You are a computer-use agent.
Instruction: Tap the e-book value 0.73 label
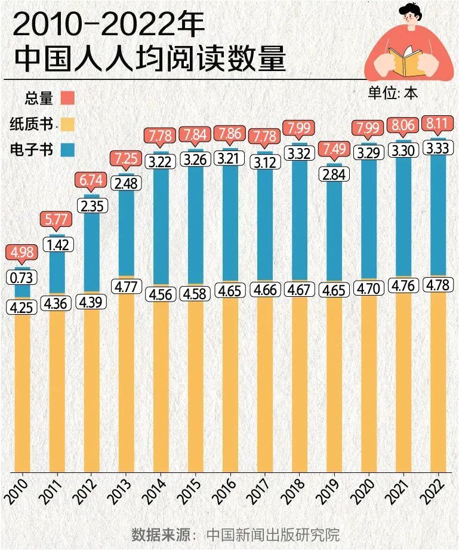tap(22, 278)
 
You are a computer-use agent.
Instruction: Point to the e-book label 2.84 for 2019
tap(334, 174)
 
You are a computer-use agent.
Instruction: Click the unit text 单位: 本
tap(393, 93)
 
